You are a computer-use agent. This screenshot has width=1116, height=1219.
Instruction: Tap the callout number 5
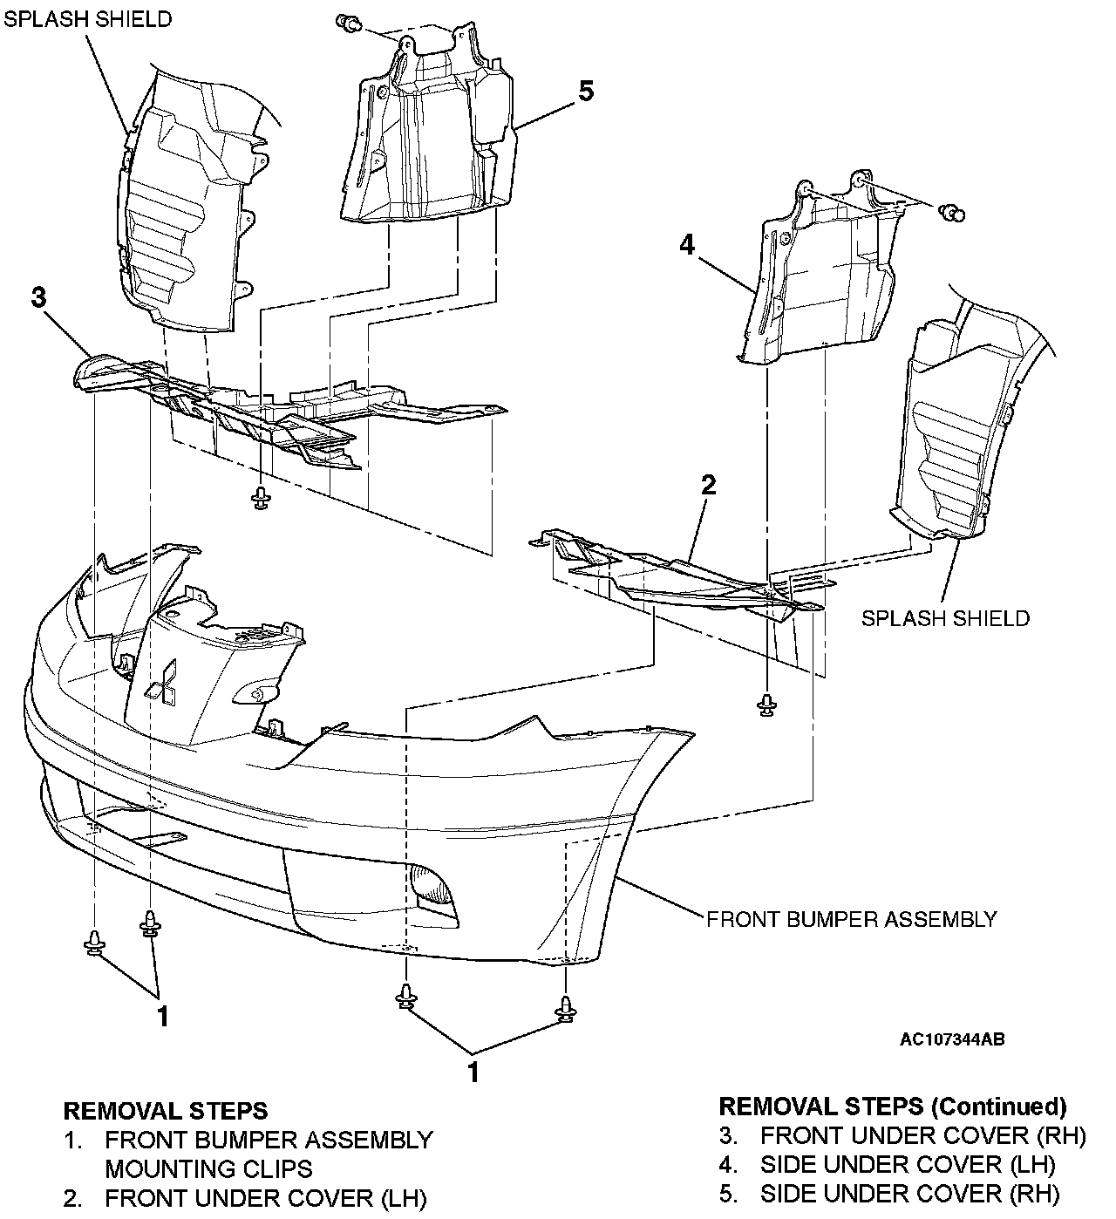pyautogui.click(x=586, y=90)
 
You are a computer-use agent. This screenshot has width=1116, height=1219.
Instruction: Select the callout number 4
pyautogui.click(x=687, y=246)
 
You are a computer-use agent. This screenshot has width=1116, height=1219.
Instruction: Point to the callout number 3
pyautogui.click(x=38, y=297)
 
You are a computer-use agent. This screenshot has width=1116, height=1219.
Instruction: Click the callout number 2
pyautogui.click(x=708, y=485)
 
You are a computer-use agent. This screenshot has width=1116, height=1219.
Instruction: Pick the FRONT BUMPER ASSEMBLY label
pyautogui.click(x=851, y=918)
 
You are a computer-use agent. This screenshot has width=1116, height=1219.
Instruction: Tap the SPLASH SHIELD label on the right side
pyautogui.click(x=945, y=618)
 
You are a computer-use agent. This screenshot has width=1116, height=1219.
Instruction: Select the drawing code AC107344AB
pyautogui.click(x=952, y=1039)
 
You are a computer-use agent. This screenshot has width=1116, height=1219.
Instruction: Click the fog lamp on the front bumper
pyautogui.click(x=433, y=889)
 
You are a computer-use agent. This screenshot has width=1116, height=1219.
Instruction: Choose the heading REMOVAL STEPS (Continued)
pyautogui.click(x=892, y=1107)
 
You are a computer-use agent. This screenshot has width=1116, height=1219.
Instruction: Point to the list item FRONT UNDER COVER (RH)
pyautogui.click(x=922, y=1135)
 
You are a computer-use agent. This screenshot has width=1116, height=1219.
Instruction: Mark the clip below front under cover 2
pyautogui.click(x=766, y=705)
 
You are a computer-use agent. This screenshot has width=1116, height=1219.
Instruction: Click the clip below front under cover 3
pyautogui.click(x=260, y=499)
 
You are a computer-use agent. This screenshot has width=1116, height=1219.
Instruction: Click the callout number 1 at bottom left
pyautogui.click(x=161, y=1016)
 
